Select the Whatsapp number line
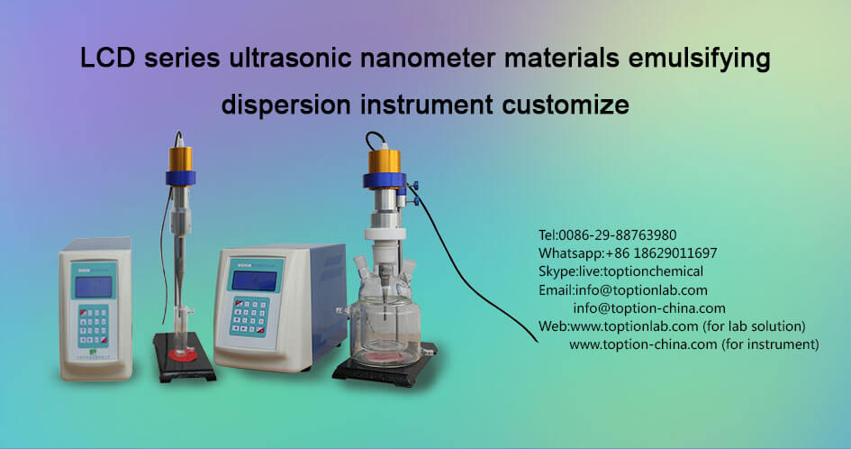pyautogui.click(x=627, y=253)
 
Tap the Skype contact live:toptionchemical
pyautogui.click(x=620, y=271)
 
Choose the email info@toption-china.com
pyautogui.click(x=649, y=307)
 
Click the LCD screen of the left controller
pyautogui.click(x=93, y=287)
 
